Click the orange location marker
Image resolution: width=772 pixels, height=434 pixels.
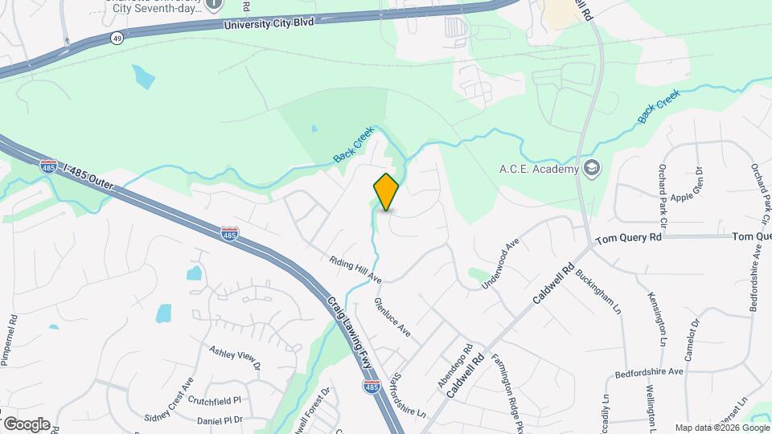click(x=386, y=191)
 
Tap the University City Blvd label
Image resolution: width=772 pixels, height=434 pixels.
click(x=269, y=24)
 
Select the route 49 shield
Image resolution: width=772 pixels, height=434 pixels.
click(x=117, y=39)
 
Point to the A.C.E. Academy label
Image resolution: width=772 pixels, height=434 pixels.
click(x=539, y=169)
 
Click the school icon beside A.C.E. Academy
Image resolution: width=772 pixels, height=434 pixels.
click(x=592, y=168)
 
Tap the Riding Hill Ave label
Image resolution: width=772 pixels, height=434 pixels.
click(x=355, y=269)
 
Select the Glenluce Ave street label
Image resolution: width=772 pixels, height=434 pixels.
click(x=392, y=317)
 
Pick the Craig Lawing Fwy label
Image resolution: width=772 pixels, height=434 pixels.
click(x=350, y=331)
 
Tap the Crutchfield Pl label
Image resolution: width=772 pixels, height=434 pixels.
click(x=215, y=399)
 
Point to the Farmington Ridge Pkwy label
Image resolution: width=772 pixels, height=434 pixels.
click(x=502, y=385)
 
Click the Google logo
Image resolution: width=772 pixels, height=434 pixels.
click(x=27, y=424)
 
